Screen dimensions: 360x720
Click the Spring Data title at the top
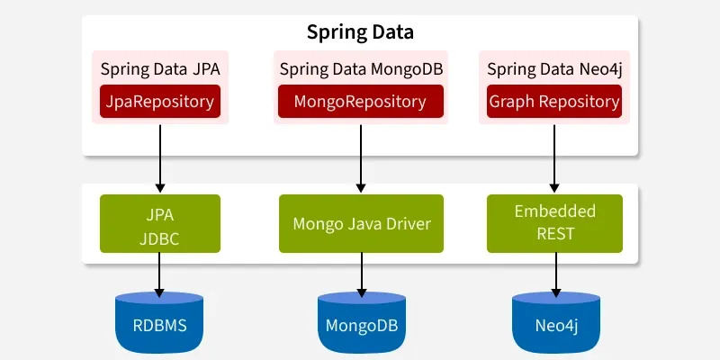[360, 33]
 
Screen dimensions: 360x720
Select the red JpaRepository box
[159, 102]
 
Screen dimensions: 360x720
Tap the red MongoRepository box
[361, 102]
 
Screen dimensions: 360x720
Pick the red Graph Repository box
[553, 102]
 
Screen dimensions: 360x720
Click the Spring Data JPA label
[159, 68]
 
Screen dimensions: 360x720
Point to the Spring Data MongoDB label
[361, 68]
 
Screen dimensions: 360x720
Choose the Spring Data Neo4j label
[553, 68]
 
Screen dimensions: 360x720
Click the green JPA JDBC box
[159, 223]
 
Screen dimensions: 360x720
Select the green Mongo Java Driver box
[361, 223]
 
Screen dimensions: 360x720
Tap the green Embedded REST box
[554, 223]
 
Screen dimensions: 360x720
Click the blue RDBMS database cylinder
[159, 320]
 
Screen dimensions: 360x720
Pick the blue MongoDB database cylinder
[361, 320]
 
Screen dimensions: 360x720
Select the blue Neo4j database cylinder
[554, 320]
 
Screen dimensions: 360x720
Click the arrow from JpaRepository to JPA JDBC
[159, 158]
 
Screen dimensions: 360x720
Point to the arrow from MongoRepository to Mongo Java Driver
[361, 158]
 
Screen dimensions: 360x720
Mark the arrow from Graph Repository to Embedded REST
[554, 158]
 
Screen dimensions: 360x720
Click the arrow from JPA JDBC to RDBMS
[159, 273]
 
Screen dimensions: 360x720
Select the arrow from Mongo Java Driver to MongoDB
[361, 273]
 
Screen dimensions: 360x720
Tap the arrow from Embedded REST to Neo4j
[554, 273]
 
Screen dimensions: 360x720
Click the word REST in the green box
[554, 234]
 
